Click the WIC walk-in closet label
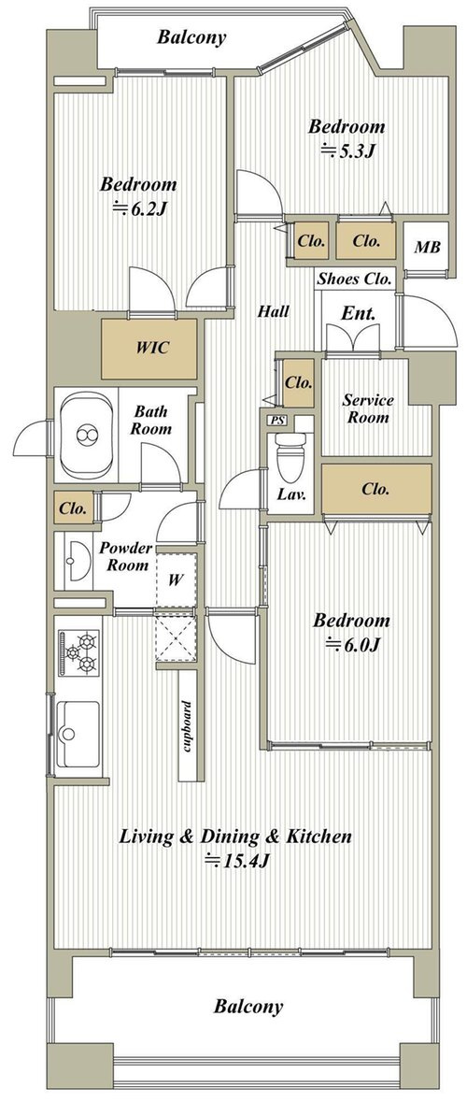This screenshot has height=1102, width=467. pyautogui.click(x=151, y=348)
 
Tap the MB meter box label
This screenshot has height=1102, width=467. pyautogui.click(x=426, y=248)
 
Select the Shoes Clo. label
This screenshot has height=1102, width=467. pyautogui.click(x=354, y=279)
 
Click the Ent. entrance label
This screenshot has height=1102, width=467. pyautogui.click(x=358, y=313)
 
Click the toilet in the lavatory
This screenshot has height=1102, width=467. pyautogui.click(x=290, y=454)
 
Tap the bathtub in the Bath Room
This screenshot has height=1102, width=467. pyautogui.click(x=86, y=436)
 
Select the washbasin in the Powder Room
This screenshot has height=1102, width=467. pyautogui.click(x=74, y=561)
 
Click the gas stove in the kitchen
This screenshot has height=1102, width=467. pyautogui.click(x=79, y=653)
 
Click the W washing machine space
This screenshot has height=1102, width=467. pyautogui.click(x=176, y=580)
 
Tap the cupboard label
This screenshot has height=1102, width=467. pyautogui.click(x=189, y=726)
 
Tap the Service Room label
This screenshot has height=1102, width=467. pyautogui.click(x=368, y=408)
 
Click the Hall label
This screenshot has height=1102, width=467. pyautogui.click(x=273, y=310)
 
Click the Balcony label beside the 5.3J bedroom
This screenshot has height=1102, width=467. pyautogui.click(x=191, y=37)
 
